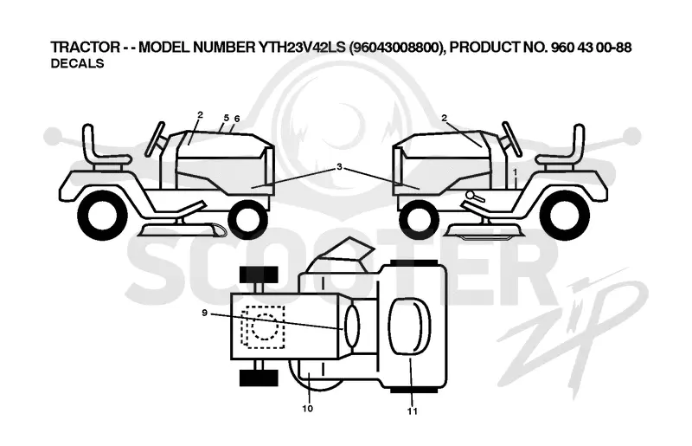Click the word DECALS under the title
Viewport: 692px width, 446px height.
pos(77,63)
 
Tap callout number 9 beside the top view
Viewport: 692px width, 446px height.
pos(204,313)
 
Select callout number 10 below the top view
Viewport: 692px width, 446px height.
pos(308,409)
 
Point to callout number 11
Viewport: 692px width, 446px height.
pos(413,411)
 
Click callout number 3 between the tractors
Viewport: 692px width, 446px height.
pos(339,167)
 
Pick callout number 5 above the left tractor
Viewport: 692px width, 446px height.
pos(227,118)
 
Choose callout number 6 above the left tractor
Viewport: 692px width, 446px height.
pos(237,119)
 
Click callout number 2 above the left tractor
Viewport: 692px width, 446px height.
pos(200,115)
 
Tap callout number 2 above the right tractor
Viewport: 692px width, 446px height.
pos(444,118)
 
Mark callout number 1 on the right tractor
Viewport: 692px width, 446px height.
pos(515,171)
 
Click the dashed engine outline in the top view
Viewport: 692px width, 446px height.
pos(263,327)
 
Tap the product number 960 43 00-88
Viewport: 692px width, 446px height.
pos(592,48)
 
